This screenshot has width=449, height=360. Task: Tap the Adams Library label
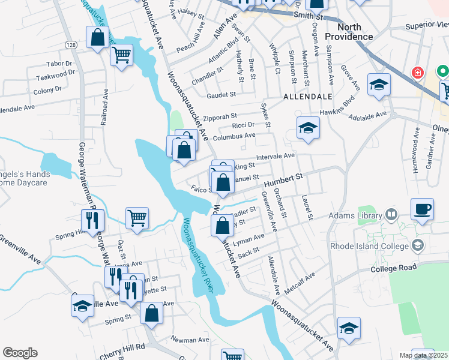(355, 216)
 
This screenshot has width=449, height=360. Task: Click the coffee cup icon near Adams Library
(422, 209)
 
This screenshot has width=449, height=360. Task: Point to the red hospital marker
(417, 73)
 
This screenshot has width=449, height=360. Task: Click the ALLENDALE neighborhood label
(307, 96)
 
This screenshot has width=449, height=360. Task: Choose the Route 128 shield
(71, 46)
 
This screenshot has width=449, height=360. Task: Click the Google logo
(20, 353)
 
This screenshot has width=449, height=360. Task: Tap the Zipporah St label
(220, 116)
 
